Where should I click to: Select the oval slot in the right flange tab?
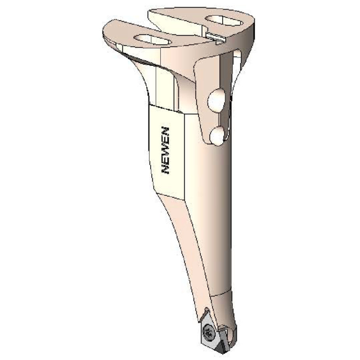(223, 21)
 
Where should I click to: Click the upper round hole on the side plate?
(217, 101)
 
